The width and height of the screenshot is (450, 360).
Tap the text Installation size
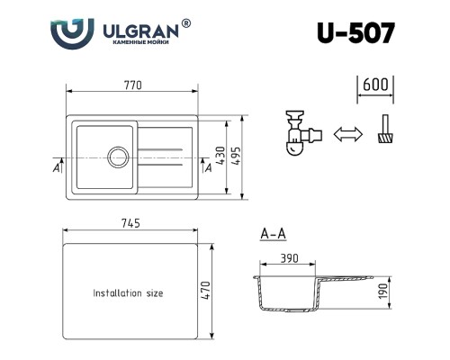pyautogui.click(x=129, y=293)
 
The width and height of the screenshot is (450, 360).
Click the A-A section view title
pyautogui.click(x=273, y=235)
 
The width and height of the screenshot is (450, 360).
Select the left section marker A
pyautogui.click(x=56, y=167)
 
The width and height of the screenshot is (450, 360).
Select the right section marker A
pyautogui.click(x=208, y=167)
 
